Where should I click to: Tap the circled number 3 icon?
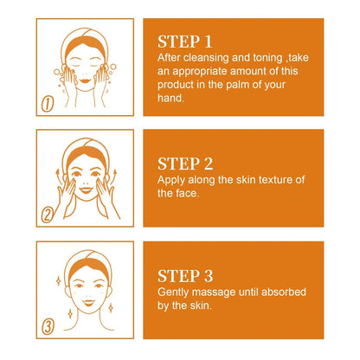point(48,329)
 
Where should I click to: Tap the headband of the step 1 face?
point(83,32)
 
